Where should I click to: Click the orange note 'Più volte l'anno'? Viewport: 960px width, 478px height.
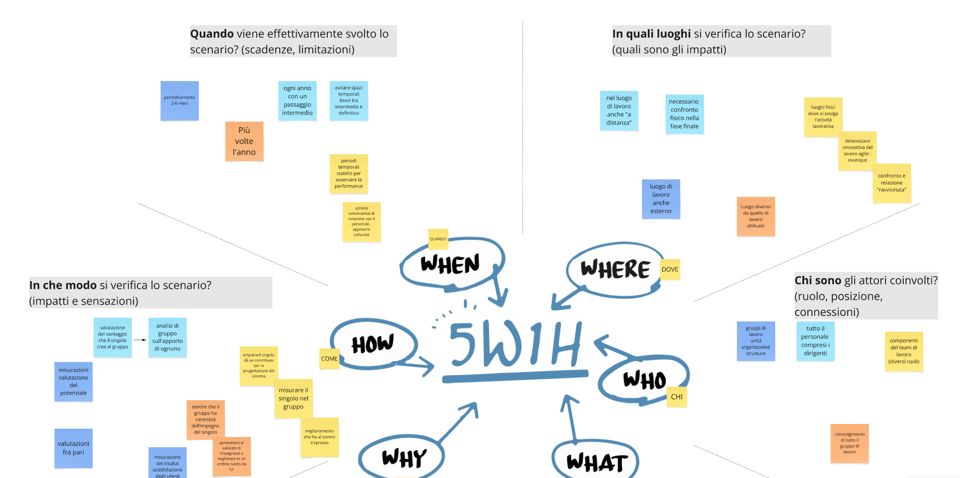[244, 141]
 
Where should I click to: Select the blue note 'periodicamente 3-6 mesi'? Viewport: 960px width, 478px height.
[179, 101]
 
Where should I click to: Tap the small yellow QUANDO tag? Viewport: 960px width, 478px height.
[438, 239]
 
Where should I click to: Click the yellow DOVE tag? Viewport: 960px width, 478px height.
[669, 269]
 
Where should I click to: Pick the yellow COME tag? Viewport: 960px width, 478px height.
[329, 359]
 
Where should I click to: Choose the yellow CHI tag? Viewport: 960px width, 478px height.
[676, 397]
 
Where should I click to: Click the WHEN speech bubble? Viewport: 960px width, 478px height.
[450, 264]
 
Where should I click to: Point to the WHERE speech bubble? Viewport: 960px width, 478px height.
[615, 269]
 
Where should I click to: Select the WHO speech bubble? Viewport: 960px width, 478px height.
[644, 380]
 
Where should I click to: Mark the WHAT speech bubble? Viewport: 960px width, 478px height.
[596, 462]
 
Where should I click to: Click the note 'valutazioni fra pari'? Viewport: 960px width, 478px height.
[74, 448]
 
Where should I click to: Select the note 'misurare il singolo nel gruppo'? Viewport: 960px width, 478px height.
[293, 398]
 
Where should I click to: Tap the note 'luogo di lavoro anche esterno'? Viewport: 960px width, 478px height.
[661, 199]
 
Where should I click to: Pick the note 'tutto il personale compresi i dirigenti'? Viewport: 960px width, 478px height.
[815, 341]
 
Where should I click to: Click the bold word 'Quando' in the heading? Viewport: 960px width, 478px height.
[212, 34]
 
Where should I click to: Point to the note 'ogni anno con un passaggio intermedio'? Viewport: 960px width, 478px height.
[297, 101]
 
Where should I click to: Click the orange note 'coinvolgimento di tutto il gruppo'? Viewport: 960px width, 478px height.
[849, 443]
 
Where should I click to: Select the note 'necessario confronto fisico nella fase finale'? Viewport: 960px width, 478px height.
[684, 114]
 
